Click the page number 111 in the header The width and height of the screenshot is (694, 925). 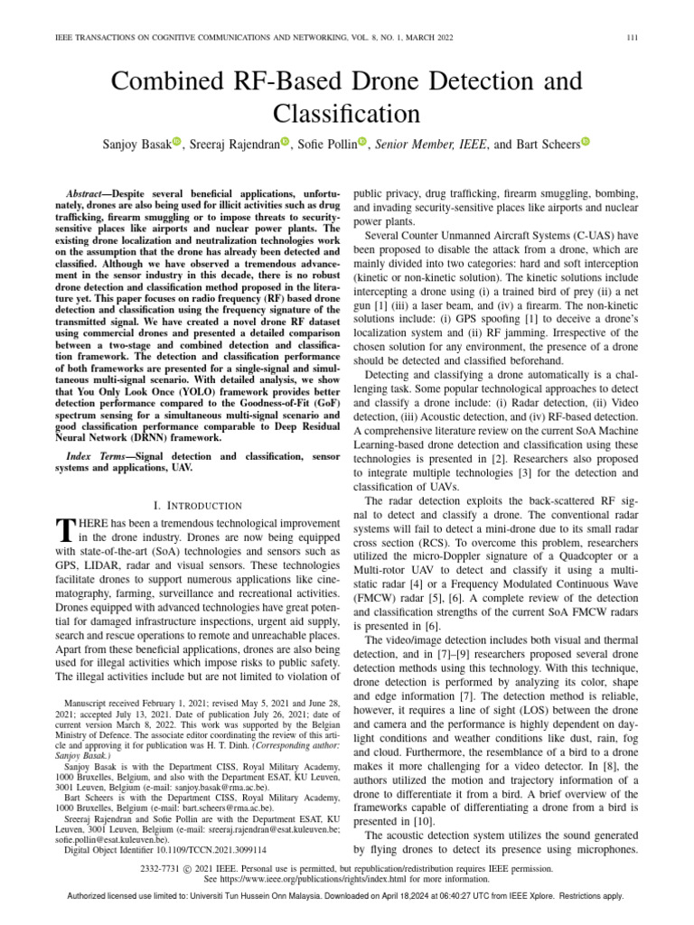633,36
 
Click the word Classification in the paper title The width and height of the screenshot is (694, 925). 346,114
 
